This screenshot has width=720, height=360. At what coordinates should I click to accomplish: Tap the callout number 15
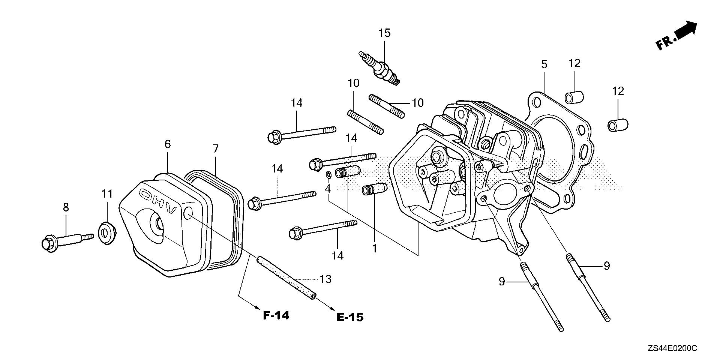click(x=384, y=33)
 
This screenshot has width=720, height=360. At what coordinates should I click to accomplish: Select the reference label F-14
click(x=276, y=316)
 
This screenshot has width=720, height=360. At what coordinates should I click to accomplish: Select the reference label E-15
click(x=350, y=318)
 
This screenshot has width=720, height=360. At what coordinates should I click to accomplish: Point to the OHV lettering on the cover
click(x=158, y=201)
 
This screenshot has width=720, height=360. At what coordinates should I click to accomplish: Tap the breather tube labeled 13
click(x=286, y=277)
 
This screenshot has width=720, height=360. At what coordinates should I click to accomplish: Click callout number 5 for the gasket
click(x=544, y=64)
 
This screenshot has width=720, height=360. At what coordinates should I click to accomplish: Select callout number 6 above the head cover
click(x=167, y=144)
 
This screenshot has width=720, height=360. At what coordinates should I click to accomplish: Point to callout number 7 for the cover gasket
click(x=215, y=149)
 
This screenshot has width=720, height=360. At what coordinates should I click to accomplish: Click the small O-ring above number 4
click(x=328, y=174)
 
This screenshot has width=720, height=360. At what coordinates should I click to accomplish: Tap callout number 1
click(x=374, y=248)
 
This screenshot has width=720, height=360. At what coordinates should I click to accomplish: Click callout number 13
click(x=326, y=279)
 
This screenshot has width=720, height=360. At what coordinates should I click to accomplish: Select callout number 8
click(x=66, y=207)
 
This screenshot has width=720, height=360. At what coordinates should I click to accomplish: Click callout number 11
click(x=107, y=194)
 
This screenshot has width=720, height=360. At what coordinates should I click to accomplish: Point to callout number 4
click(x=328, y=189)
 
